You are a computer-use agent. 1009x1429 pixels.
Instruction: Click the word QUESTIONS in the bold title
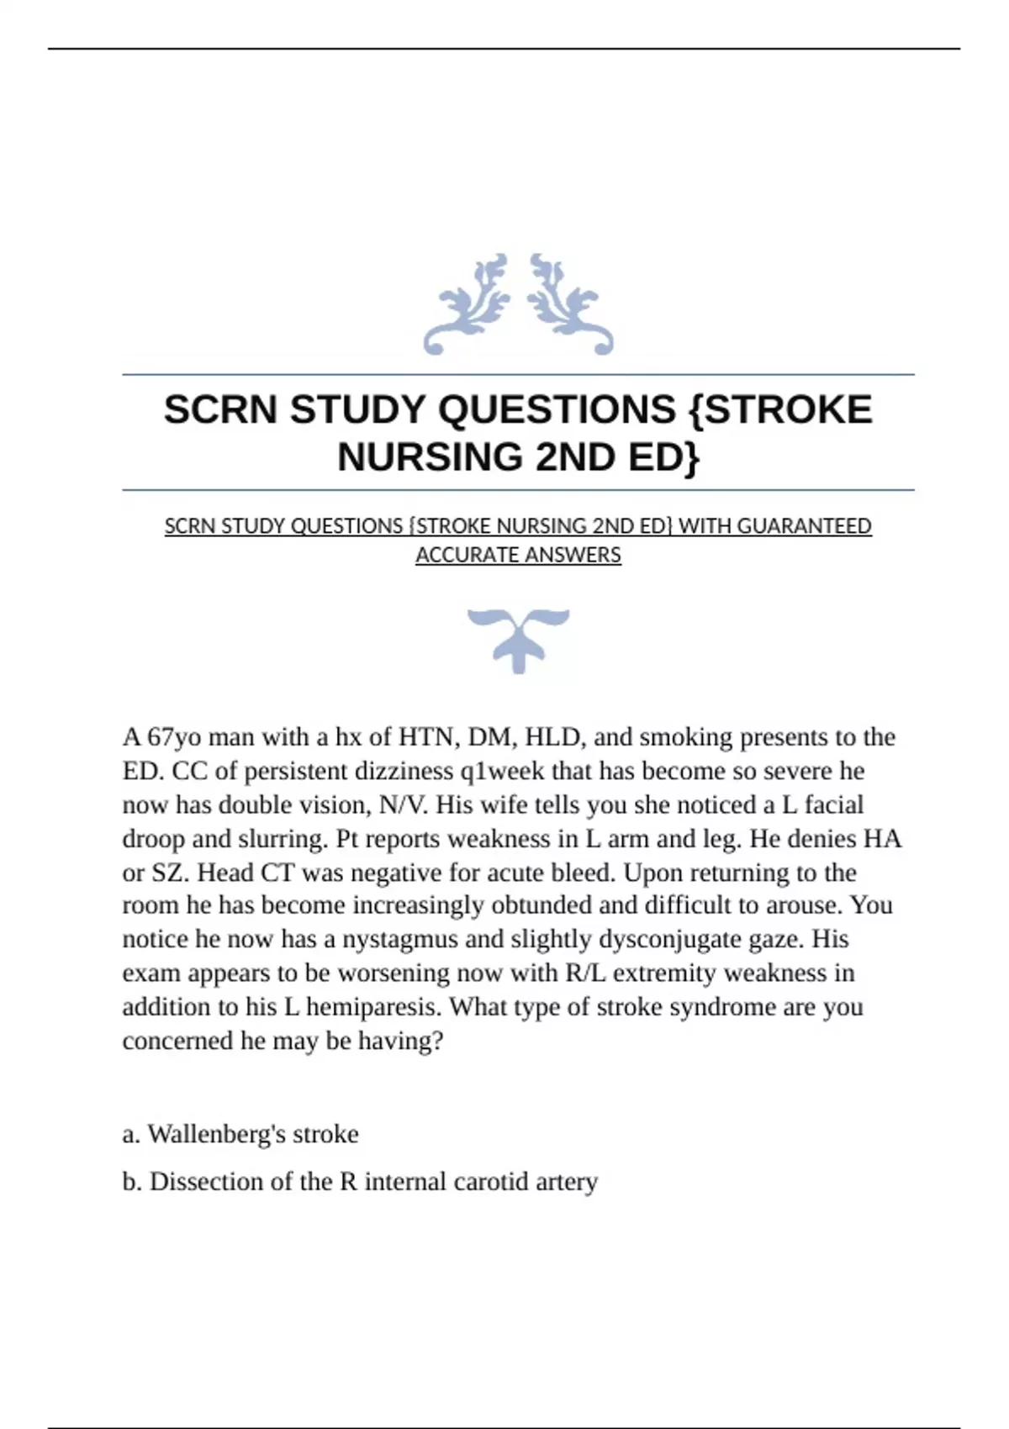click(x=557, y=410)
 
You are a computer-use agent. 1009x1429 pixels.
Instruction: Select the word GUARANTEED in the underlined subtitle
click(x=805, y=526)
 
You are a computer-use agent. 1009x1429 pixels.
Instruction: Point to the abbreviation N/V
click(x=404, y=804)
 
